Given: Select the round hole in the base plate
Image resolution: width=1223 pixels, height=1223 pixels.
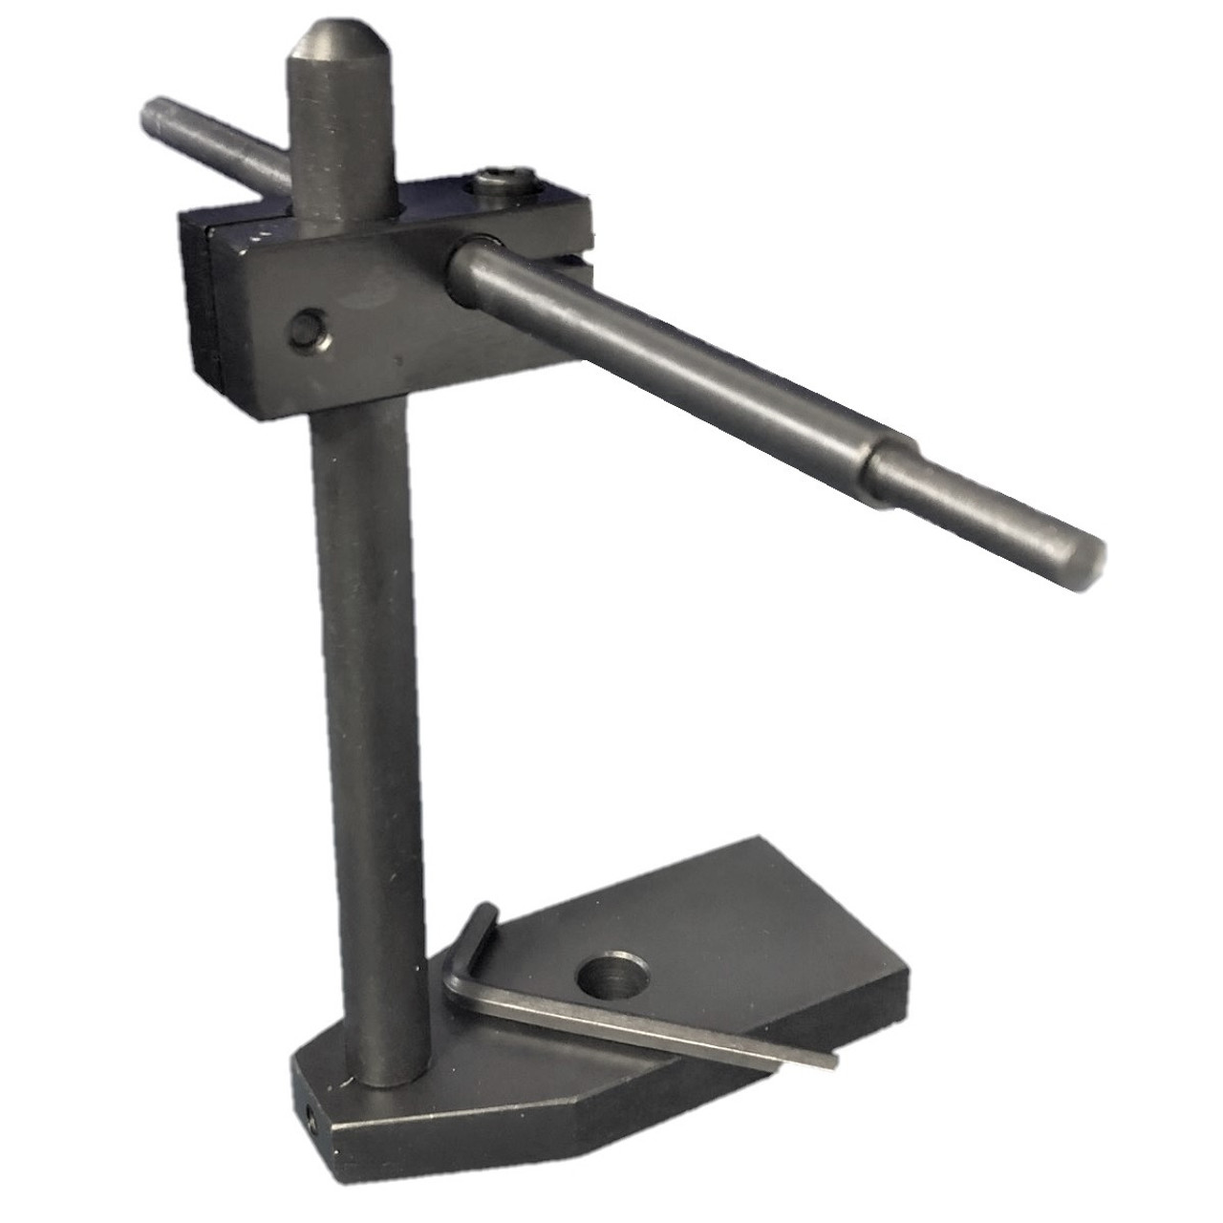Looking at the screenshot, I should [x=612, y=976].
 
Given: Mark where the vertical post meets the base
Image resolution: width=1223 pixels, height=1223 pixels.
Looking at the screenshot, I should [x=387, y=1075].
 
